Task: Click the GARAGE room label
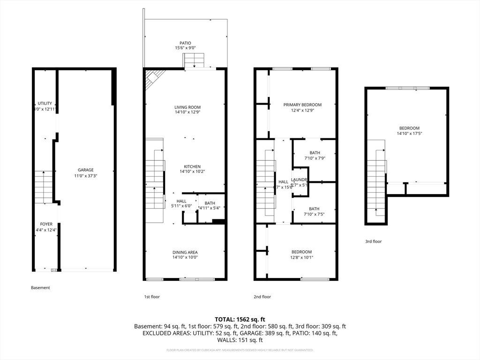point(86,170)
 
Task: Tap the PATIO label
point(185,43)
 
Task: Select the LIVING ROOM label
point(187,107)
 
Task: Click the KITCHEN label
point(192,167)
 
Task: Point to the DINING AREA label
point(185,252)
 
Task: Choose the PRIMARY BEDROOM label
point(302,105)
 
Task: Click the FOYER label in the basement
point(46,225)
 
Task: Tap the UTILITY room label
point(45,104)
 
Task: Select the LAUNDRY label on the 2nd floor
point(299,180)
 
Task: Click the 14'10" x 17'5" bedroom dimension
point(409,134)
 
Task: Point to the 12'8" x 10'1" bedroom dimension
point(301,257)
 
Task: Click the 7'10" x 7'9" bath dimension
point(314,158)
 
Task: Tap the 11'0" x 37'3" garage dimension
point(86,175)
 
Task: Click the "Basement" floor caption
point(40,288)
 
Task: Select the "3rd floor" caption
point(374,242)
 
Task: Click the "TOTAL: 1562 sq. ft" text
point(240,319)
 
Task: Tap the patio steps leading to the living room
point(194,60)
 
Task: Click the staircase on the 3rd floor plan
point(376,183)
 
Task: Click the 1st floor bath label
point(210,203)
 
